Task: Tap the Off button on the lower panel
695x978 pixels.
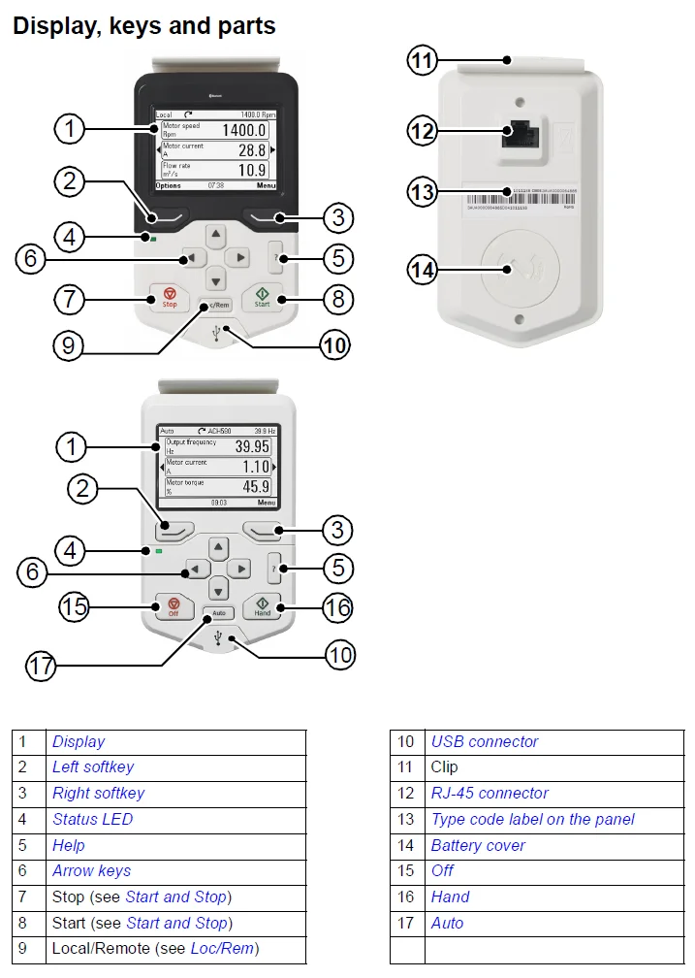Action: point(174,606)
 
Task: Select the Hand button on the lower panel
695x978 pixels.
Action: point(262,606)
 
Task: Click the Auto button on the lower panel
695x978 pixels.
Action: point(219,613)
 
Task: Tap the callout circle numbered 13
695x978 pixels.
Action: point(423,192)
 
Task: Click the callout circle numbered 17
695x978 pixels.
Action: point(41,666)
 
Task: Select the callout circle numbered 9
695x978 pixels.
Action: point(68,346)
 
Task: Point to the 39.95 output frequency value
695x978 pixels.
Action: point(252,446)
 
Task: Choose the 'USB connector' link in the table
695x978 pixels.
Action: point(484,741)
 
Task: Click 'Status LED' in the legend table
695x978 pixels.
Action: point(92,819)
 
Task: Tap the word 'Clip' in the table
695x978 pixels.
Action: point(444,767)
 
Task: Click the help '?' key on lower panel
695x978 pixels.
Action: point(275,569)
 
